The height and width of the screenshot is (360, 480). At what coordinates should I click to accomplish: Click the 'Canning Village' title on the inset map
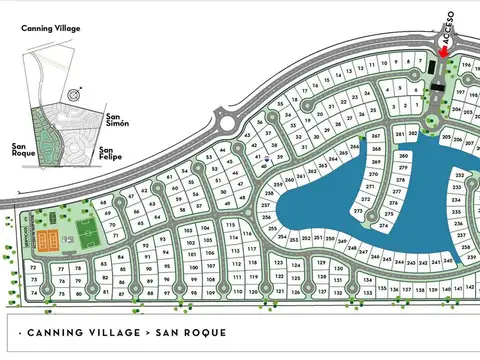point(51,29)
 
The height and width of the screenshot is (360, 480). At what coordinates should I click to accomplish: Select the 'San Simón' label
point(118,119)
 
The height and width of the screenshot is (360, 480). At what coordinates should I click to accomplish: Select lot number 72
point(33,268)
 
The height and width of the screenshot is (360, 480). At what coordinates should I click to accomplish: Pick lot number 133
point(368,292)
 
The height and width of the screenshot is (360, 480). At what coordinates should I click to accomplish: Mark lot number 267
point(376,136)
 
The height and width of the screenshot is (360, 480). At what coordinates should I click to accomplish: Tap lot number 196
point(465,63)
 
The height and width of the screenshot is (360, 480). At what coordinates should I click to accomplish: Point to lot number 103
point(187,230)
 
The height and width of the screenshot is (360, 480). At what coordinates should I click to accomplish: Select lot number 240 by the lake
point(447,260)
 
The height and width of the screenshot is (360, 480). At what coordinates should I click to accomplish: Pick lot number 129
point(322,263)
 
